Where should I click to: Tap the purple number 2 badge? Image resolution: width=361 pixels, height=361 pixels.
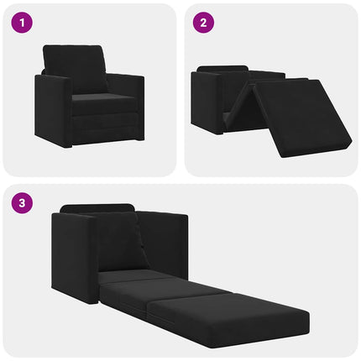(x=202, y=24)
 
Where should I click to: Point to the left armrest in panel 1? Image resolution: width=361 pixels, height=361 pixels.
(x=53, y=109)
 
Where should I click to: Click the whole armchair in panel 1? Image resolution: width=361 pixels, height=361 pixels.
(x=88, y=97)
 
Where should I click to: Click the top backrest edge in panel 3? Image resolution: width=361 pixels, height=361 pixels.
(x=97, y=207)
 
